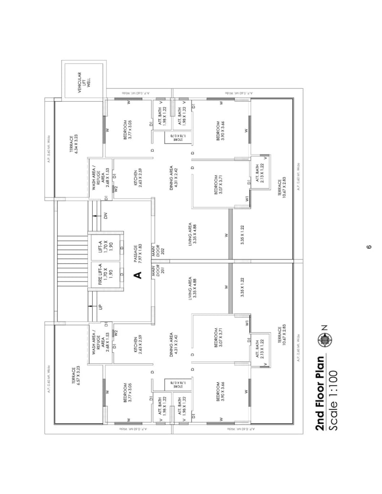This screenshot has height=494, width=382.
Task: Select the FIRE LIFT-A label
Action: coord(107,276)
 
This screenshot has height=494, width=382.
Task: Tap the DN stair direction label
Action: coord(106,215)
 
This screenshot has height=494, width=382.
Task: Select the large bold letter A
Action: coord(138,275)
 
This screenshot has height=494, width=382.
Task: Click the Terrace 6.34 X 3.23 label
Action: coord(73,144)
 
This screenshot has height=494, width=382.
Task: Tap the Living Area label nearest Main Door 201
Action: coord(192,289)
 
